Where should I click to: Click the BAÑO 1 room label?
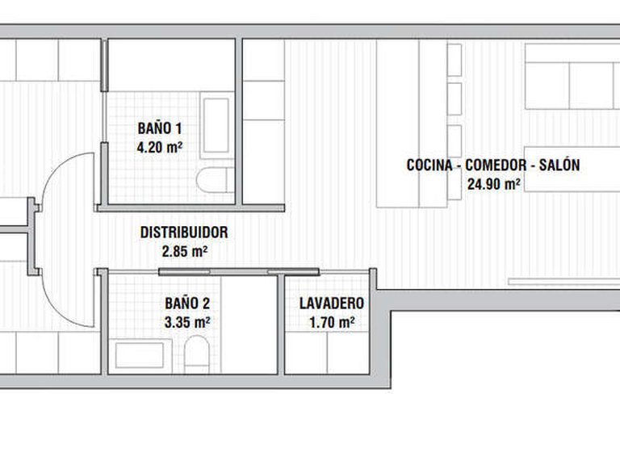(160, 128)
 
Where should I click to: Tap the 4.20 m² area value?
(160, 148)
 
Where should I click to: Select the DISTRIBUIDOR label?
(184, 232)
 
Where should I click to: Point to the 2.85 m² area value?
(185, 252)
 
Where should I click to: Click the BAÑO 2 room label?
(187, 304)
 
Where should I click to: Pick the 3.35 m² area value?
(187, 323)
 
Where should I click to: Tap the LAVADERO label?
(332, 304)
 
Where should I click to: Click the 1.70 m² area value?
(332, 323)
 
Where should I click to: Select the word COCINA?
(429, 165)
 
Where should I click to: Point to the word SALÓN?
(559, 165)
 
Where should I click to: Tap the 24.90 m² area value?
(494, 184)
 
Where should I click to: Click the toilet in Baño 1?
(216, 180)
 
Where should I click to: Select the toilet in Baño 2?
(196, 354)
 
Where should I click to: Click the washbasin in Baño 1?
(216, 126)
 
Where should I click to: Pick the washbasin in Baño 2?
(140, 355)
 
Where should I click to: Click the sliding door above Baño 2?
(239, 271)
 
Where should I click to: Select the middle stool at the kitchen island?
(455, 98)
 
